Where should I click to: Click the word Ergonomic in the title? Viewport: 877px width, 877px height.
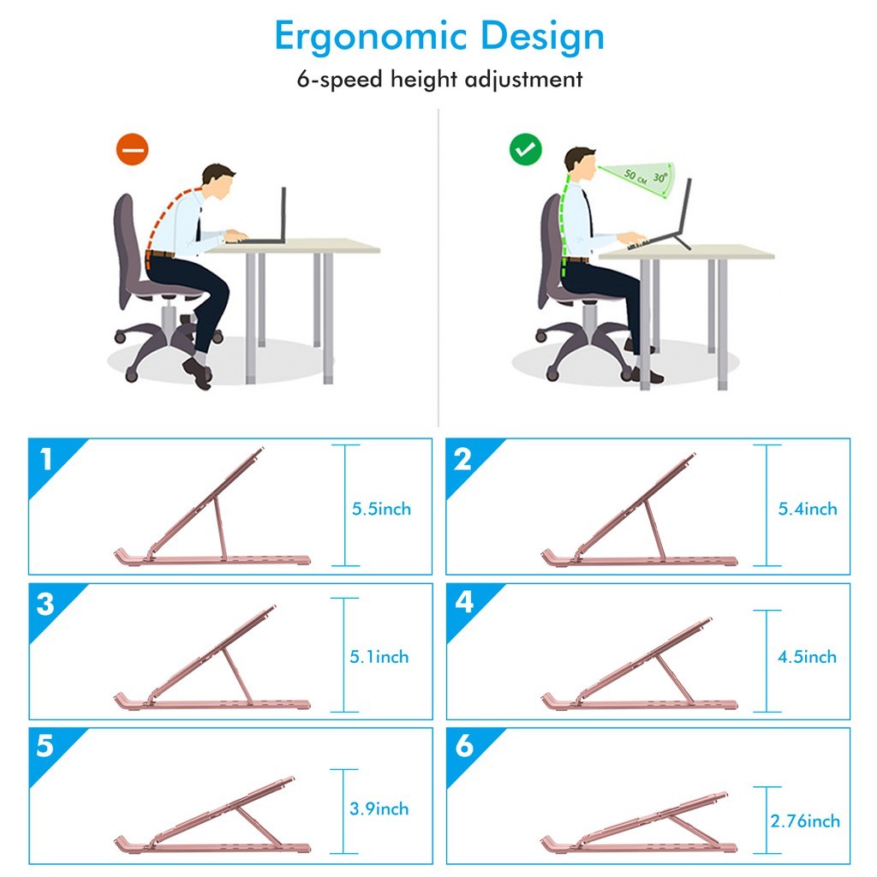point(370,38)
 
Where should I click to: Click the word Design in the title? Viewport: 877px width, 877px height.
point(542,37)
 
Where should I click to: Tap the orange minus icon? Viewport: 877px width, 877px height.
point(133,149)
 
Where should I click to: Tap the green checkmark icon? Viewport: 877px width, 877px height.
point(526,149)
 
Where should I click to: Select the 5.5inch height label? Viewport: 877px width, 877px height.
point(381,509)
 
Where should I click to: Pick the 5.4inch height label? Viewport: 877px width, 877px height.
point(808,509)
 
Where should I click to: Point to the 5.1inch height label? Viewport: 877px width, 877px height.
point(379,657)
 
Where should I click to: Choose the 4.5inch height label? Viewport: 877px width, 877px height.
point(807,657)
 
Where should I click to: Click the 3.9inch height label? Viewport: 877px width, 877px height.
point(379,808)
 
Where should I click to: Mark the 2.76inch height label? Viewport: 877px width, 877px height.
point(805,821)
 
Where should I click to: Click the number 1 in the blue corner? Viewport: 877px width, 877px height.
point(46,460)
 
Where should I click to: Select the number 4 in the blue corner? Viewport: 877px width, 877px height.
point(464,603)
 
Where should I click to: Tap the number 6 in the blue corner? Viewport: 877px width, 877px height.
point(464,746)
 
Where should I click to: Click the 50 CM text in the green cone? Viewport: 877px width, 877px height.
point(635,176)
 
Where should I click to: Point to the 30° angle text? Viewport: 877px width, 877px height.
point(660,177)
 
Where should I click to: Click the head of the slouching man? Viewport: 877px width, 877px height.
point(219,182)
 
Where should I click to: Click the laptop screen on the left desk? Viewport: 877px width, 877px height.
point(283,213)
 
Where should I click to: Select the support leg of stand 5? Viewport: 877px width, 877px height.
point(259,826)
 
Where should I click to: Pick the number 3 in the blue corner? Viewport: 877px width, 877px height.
point(45,604)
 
